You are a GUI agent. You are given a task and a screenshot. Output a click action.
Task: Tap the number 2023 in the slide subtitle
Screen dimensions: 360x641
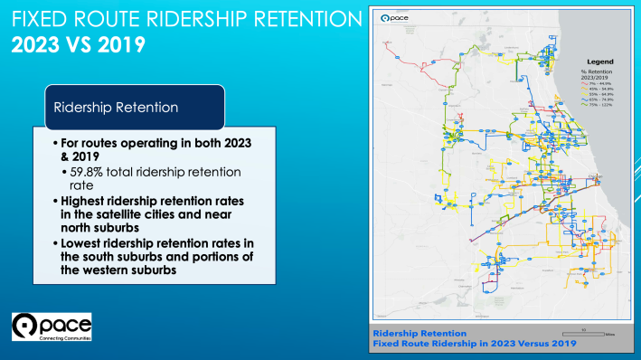coord(37,43)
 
